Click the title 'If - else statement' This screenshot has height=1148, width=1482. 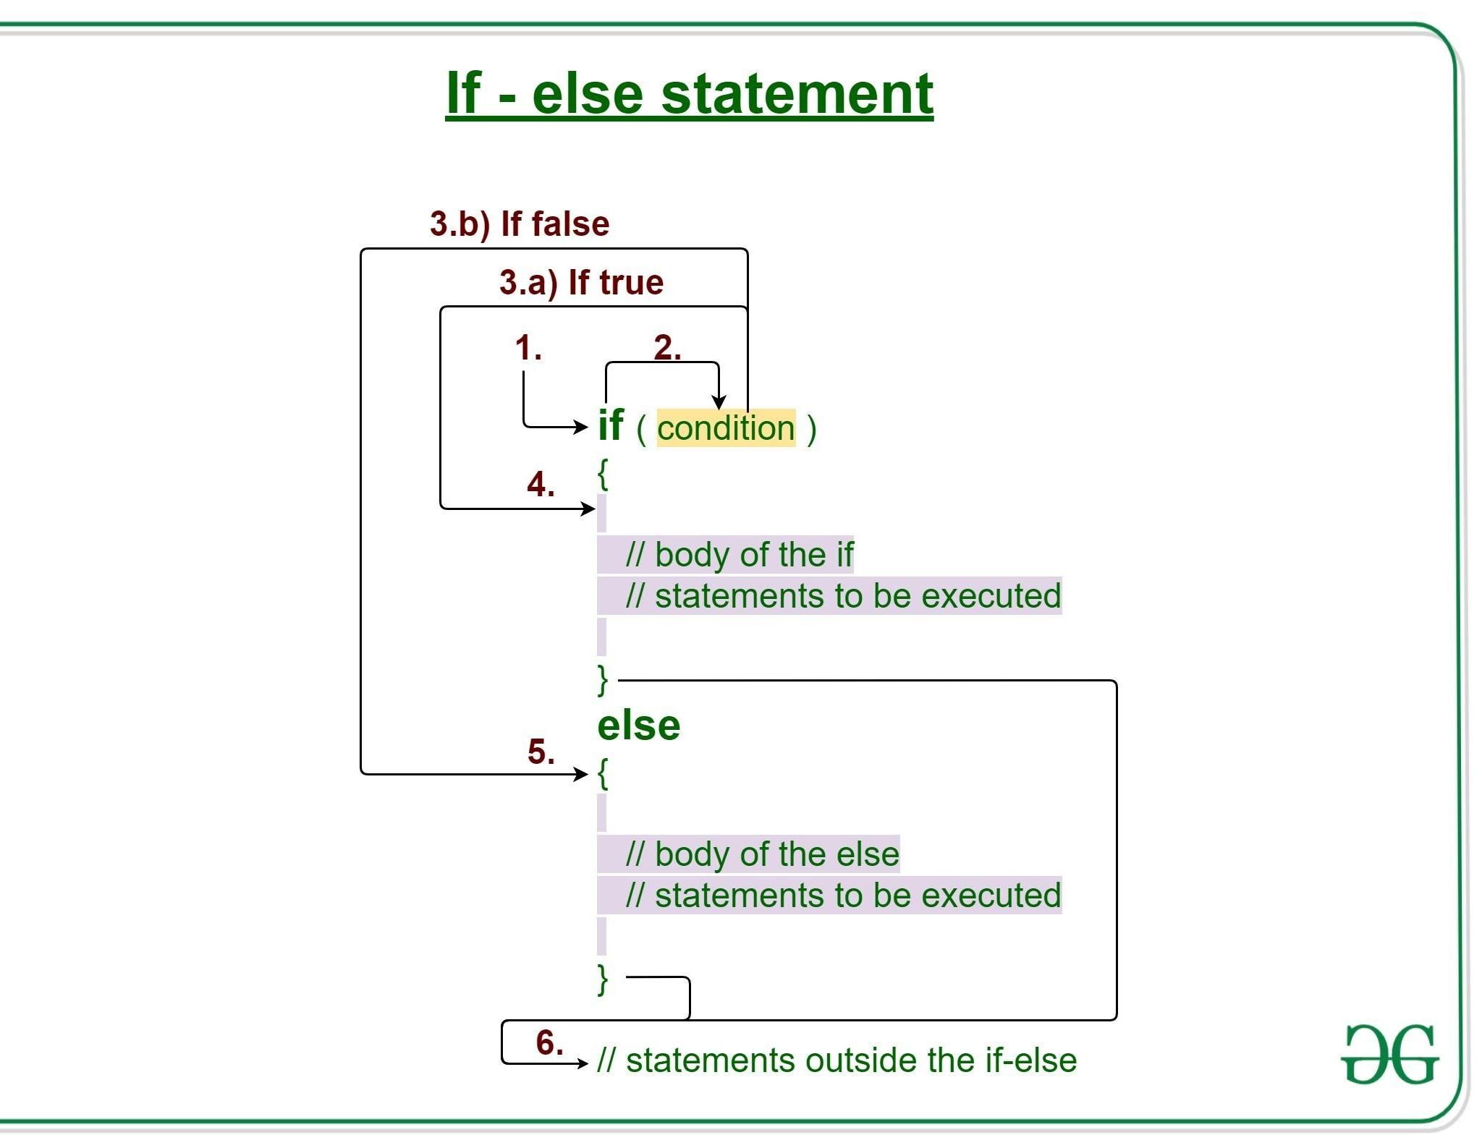tap(689, 93)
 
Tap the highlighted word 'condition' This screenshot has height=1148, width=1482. tap(726, 428)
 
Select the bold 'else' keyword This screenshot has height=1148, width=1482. tap(638, 726)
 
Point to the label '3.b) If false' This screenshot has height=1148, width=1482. tap(519, 224)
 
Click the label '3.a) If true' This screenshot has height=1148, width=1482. tap(581, 282)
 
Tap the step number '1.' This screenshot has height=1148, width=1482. tap(528, 348)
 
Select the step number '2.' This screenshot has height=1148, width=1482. tap(666, 348)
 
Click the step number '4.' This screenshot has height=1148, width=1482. tap(541, 484)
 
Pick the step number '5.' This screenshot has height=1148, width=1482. tap(541, 752)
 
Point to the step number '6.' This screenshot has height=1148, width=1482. tap(549, 1042)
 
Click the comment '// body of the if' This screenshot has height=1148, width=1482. tap(739, 555)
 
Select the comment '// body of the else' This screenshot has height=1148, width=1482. tap(762, 854)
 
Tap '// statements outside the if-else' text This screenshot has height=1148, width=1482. tap(837, 1060)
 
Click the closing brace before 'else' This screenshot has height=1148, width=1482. tap(603, 679)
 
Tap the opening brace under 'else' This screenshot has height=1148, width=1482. tap(603, 773)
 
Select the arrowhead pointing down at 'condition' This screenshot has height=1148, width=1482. tap(718, 402)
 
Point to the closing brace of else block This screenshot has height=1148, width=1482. tap(603, 979)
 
